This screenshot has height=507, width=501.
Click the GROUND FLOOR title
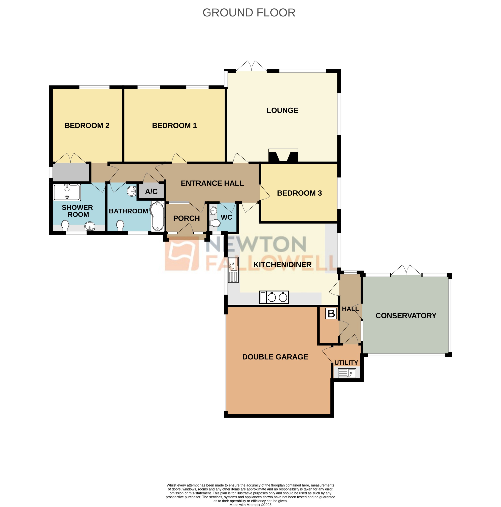tap(249, 13)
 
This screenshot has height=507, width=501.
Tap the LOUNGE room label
tap(282, 110)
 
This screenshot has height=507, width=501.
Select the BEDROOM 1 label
tap(174, 125)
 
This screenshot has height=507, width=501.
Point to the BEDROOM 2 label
tap(87, 125)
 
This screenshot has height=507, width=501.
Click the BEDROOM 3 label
tap(299, 193)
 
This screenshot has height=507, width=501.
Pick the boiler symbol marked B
tap(331, 313)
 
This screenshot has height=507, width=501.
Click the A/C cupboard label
tap(151, 191)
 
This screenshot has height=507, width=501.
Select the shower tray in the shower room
tap(67, 192)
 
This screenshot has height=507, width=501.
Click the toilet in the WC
tap(215, 223)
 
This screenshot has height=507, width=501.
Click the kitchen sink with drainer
tap(233, 270)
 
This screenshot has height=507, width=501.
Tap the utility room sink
tap(347, 373)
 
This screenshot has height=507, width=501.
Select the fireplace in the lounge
tap(283, 155)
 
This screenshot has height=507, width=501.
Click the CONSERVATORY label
tap(405, 315)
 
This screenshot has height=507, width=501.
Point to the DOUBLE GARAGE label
tap(275, 357)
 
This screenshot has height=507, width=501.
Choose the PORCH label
tap(186, 218)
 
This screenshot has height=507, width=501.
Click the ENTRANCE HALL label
tap(212, 183)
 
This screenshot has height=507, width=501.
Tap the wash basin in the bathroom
tap(131, 191)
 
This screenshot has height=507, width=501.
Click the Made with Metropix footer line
tap(250, 505)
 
